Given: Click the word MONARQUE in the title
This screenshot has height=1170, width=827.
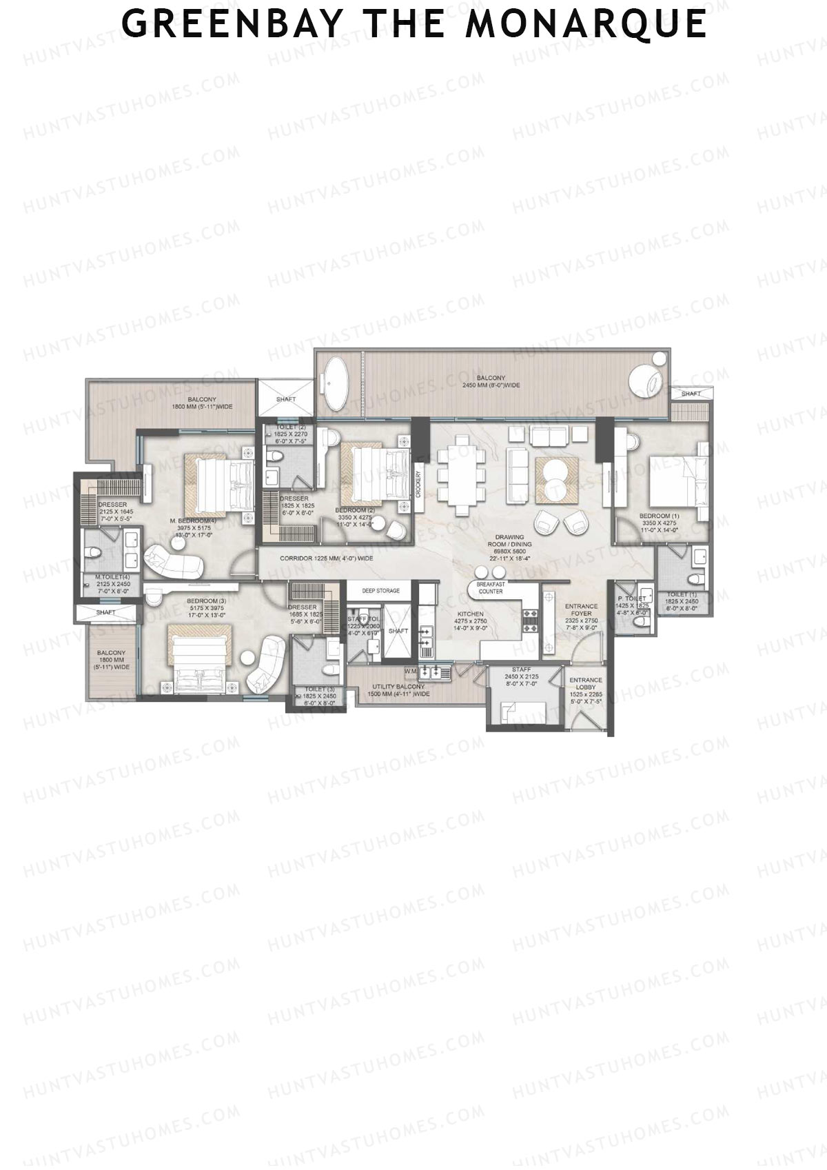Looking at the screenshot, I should click(586, 24).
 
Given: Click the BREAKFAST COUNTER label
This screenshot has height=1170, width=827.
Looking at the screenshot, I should click(490, 587).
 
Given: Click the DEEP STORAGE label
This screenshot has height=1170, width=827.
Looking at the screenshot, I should click(381, 591).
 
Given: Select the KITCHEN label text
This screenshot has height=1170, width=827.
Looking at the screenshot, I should click(471, 614).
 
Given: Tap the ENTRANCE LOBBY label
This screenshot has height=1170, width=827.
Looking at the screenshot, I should click(585, 684).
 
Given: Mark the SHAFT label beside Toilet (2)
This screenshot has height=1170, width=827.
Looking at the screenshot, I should click(286, 399).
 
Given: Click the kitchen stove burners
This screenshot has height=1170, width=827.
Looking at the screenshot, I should click(531, 617).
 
